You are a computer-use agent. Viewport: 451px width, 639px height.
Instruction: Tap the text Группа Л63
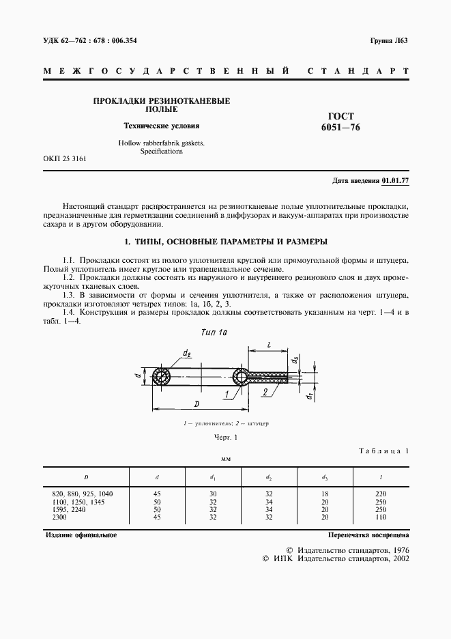[x=389, y=40]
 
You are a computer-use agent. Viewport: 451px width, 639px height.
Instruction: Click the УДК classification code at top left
[x=89, y=40]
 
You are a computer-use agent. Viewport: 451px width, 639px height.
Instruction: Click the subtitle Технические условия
[x=161, y=126]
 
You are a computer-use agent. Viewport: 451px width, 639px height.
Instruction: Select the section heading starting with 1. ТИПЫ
[x=225, y=242]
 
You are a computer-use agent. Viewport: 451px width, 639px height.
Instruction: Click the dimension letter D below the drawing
[x=196, y=405]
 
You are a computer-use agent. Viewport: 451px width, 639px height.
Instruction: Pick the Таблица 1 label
[x=383, y=451]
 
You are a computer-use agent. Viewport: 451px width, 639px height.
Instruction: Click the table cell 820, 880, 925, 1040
[x=83, y=494]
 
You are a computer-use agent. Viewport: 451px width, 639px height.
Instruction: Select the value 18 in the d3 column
[x=324, y=494]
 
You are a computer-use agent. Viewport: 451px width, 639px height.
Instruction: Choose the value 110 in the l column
[x=381, y=517]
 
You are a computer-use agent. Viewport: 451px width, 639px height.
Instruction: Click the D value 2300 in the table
[x=61, y=517]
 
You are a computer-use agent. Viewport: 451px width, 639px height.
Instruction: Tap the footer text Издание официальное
[x=81, y=535]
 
